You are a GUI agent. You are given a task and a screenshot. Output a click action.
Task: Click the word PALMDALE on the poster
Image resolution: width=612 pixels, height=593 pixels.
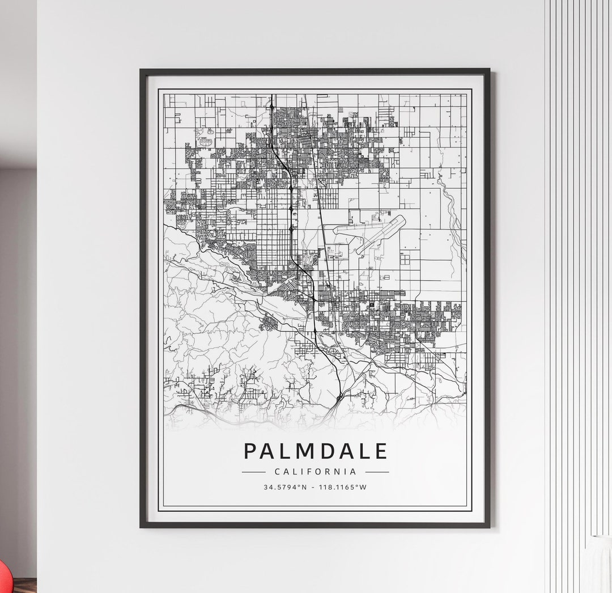click(316, 451)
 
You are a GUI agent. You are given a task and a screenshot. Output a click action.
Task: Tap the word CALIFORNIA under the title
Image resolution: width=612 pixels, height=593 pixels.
click(316, 472)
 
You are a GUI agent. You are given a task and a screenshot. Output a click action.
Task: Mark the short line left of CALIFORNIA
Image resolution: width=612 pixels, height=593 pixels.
click(253, 472)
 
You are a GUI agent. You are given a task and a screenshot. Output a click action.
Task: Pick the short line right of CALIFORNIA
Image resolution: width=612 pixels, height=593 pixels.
click(377, 472)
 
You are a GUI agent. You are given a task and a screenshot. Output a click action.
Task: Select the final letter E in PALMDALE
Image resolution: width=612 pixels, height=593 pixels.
click(381, 451)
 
